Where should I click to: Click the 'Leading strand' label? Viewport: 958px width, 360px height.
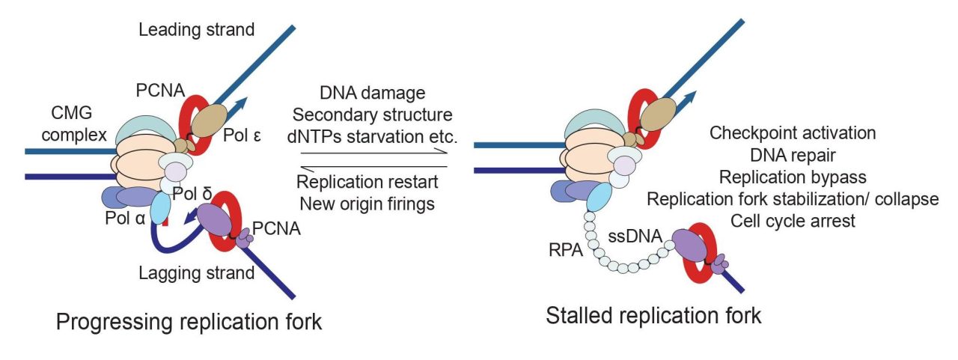coord(197,30)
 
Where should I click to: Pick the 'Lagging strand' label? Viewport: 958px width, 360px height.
coord(197,273)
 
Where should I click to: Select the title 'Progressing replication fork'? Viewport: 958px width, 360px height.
coord(190,322)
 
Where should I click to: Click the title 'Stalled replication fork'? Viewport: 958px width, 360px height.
coord(653,315)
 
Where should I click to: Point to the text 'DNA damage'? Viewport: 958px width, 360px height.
coord(373,94)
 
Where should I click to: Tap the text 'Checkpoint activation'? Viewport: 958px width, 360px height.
coord(793,132)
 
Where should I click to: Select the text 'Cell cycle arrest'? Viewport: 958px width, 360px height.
coord(793,222)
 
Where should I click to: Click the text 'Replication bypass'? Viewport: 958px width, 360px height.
coord(793,177)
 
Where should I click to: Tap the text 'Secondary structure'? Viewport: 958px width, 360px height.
coord(372,115)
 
